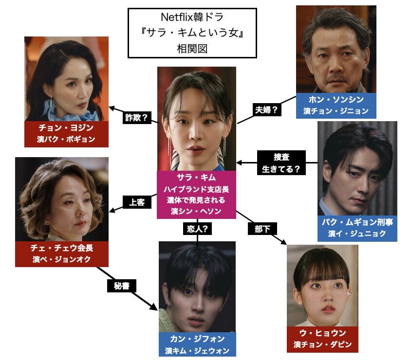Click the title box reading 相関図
[192, 33]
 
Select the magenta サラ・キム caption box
[196, 194]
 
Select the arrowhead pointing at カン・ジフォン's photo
[155, 307]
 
